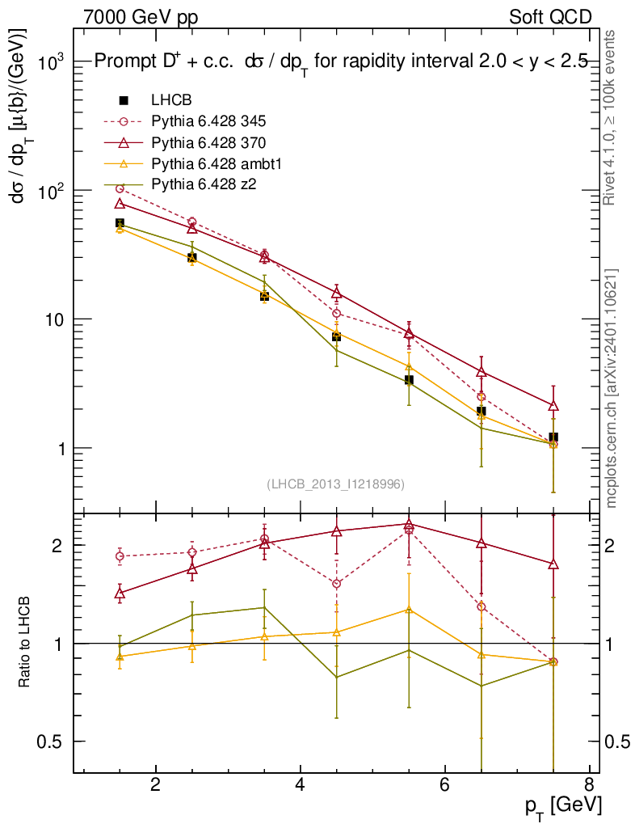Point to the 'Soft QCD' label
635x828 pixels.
click(x=549, y=16)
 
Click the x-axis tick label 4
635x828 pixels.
click(x=300, y=784)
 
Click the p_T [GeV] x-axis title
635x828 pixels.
click(x=564, y=805)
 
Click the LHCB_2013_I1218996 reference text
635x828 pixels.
click(x=335, y=484)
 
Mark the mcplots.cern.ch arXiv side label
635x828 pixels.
click(x=612, y=388)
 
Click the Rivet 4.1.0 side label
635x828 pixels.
click(x=612, y=117)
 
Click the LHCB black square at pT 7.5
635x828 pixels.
click(x=553, y=438)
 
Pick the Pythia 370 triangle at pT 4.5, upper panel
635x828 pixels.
click(x=337, y=293)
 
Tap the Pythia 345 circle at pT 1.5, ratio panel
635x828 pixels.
click(x=120, y=556)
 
